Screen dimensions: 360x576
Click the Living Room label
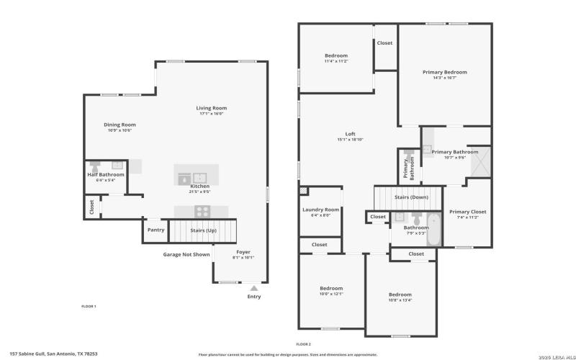point(212,108)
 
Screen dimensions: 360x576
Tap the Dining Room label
point(120,125)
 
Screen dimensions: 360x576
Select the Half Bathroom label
point(106,174)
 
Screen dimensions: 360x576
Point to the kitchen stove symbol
point(202,212)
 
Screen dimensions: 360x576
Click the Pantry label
point(156,230)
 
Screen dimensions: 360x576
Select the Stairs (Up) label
point(202,230)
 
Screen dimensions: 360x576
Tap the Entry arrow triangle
point(253,288)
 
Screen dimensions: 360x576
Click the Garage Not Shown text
point(186,254)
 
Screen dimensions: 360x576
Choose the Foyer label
point(243,252)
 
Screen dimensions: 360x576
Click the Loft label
point(350,134)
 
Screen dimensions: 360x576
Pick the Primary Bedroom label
point(444,72)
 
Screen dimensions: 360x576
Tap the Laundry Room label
point(320,210)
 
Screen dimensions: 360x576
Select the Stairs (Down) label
point(411,197)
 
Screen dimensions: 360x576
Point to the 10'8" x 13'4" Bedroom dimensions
point(400,300)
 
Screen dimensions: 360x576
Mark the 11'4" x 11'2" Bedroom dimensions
point(336,61)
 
